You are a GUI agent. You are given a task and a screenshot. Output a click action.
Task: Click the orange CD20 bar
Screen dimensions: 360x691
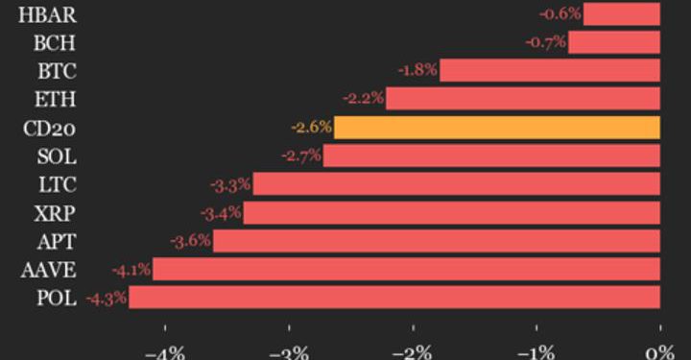[497, 127]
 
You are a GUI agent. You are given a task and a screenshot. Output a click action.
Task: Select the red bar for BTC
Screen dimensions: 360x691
[550, 70]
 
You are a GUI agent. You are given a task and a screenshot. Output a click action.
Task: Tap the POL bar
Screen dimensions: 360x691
[394, 298]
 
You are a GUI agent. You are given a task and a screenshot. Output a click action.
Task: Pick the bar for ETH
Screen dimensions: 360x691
[523, 98]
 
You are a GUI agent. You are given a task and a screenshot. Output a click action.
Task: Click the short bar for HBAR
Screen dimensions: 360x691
[622, 13]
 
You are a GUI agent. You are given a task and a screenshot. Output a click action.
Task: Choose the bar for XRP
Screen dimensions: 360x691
[452, 212]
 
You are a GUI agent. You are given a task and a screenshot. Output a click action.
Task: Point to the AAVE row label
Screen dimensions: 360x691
[49, 270]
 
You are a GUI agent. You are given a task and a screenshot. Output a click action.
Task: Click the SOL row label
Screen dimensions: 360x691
[56, 156]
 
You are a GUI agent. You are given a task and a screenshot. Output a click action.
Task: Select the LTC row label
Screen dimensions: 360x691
[56, 184]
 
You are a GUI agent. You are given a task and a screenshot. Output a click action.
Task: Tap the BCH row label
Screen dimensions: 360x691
[54, 42]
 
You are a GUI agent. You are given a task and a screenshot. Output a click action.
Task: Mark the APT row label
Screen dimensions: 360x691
[56, 241]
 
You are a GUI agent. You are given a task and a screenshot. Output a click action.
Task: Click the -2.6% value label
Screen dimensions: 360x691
[311, 127]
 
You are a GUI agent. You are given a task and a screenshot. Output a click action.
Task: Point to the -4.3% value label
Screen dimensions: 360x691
[106, 299]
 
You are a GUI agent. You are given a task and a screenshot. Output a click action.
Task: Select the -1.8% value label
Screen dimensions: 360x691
[417, 70]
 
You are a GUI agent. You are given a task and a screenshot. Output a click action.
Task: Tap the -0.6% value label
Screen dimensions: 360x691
[560, 13]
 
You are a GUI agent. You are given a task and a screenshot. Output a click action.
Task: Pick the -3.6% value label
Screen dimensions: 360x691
[190, 241]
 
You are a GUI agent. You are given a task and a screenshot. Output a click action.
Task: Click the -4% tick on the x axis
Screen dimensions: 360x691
[164, 350]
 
